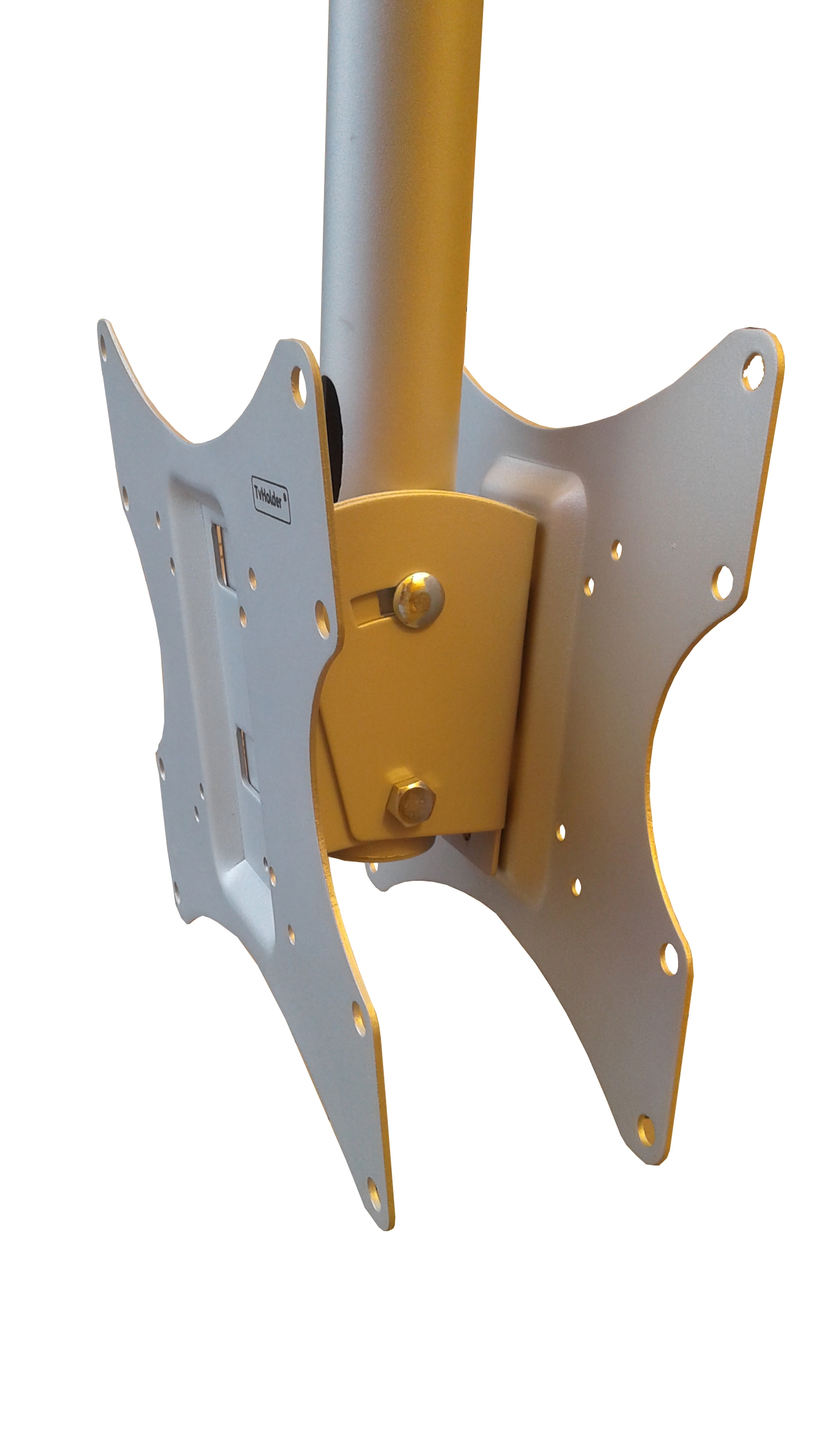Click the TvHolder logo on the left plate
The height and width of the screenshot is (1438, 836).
271,499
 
